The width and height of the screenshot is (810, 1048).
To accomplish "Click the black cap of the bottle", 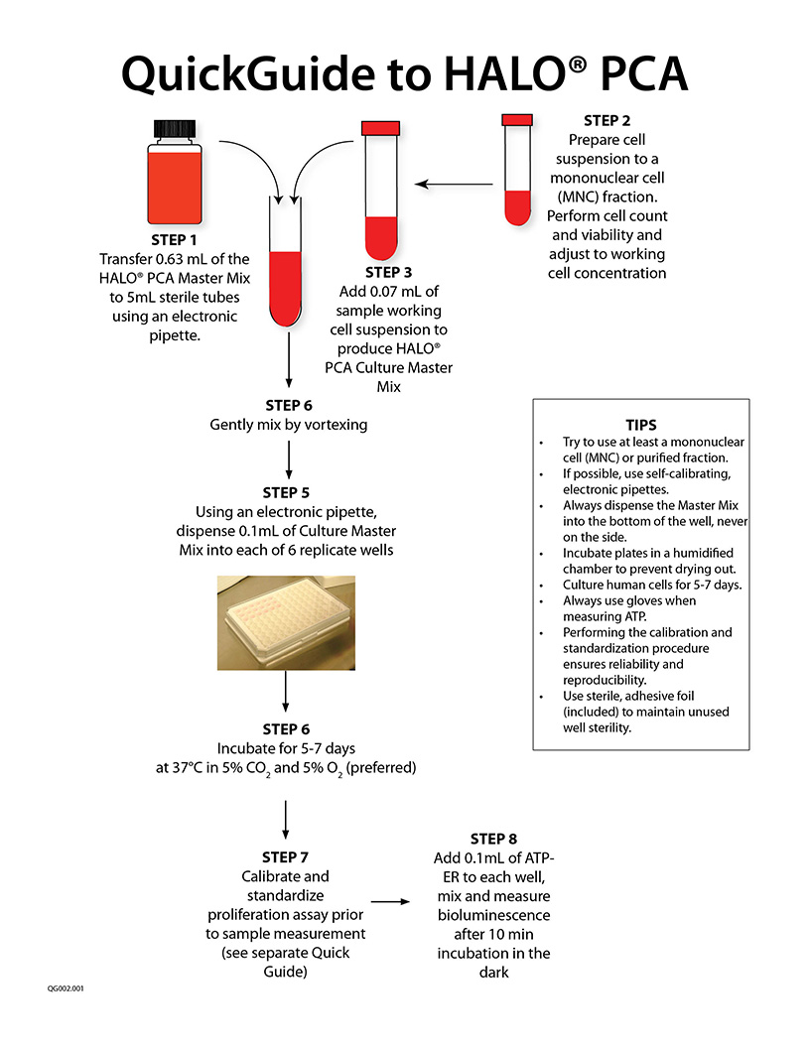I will pos(177,129).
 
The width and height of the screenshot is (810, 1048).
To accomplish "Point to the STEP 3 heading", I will pos(394,272).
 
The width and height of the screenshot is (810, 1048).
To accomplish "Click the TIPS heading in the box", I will pos(640,424).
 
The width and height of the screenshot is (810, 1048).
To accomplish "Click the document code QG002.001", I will pos(66,989).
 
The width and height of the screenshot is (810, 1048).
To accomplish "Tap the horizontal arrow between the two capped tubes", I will pos(454,184).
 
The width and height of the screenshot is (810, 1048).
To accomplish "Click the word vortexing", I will pos(335,425).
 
